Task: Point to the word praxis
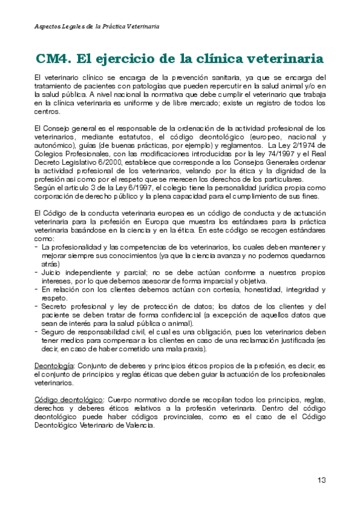pyautogui.click(x=191, y=348)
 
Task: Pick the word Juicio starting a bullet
pyautogui.click(x=53, y=272)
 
